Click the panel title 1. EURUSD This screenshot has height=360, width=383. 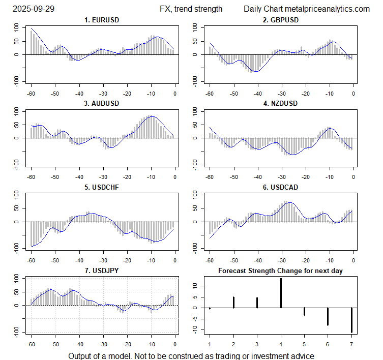point(102,20)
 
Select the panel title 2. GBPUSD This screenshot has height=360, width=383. point(281,20)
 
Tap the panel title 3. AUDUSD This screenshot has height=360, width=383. point(102,103)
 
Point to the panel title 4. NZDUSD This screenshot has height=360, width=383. point(281,103)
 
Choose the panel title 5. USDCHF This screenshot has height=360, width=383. point(102,187)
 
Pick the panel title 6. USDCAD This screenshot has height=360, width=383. point(281,187)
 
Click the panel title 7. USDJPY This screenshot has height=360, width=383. point(102,271)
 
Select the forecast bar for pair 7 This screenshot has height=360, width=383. point(351,320)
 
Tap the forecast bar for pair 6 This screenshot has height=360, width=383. point(328,316)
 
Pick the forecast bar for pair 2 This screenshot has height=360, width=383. point(233,302)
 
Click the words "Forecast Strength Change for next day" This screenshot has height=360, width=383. point(280,271)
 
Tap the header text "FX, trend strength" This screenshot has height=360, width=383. point(191,9)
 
